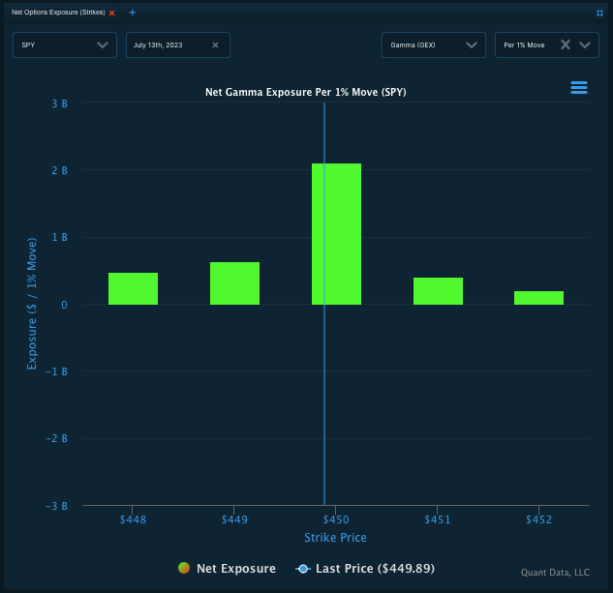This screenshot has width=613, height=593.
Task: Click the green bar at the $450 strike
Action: (x=336, y=234)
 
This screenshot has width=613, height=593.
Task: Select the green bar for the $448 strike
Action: (x=133, y=288)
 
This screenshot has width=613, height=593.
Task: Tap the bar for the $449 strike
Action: (x=234, y=283)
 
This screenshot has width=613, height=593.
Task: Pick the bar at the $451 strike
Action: (x=438, y=291)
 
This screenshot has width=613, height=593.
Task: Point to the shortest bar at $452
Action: (x=538, y=298)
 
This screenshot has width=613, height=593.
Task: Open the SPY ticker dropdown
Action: (x=65, y=44)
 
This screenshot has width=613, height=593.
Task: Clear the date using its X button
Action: (x=215, y=44)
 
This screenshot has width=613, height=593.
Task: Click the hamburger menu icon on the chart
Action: (x=579, y=88)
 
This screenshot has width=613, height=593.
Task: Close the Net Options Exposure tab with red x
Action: (x=111, y=13)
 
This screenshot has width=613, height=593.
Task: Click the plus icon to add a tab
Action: (x=133, y=13)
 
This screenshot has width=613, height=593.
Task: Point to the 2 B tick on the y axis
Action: (x=59, y=170)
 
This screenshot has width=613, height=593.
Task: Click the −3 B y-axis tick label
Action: (x=56, y=506)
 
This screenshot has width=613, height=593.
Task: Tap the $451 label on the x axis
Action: (x=438, y=520)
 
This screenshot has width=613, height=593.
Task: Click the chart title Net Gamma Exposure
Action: (x=305, y=93)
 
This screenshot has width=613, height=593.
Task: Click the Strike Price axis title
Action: (x=335, y=538)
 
